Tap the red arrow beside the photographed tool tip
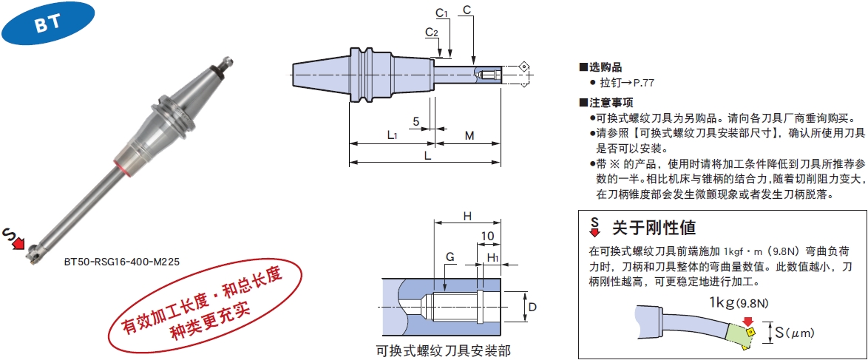click(x=18, y=242)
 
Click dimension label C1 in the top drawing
click(x=442, y=12)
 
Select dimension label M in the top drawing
click(x=469, y=136)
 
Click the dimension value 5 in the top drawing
click(x=416, y=121)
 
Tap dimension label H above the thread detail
click(x=467, y=216)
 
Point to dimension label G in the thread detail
click(x=450, y=257)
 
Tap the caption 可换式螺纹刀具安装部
click(x=442, y=350)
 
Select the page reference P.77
click(x=645, y=84)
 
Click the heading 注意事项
click(x=606, y=103)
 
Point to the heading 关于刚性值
click(x=653, y=227)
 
